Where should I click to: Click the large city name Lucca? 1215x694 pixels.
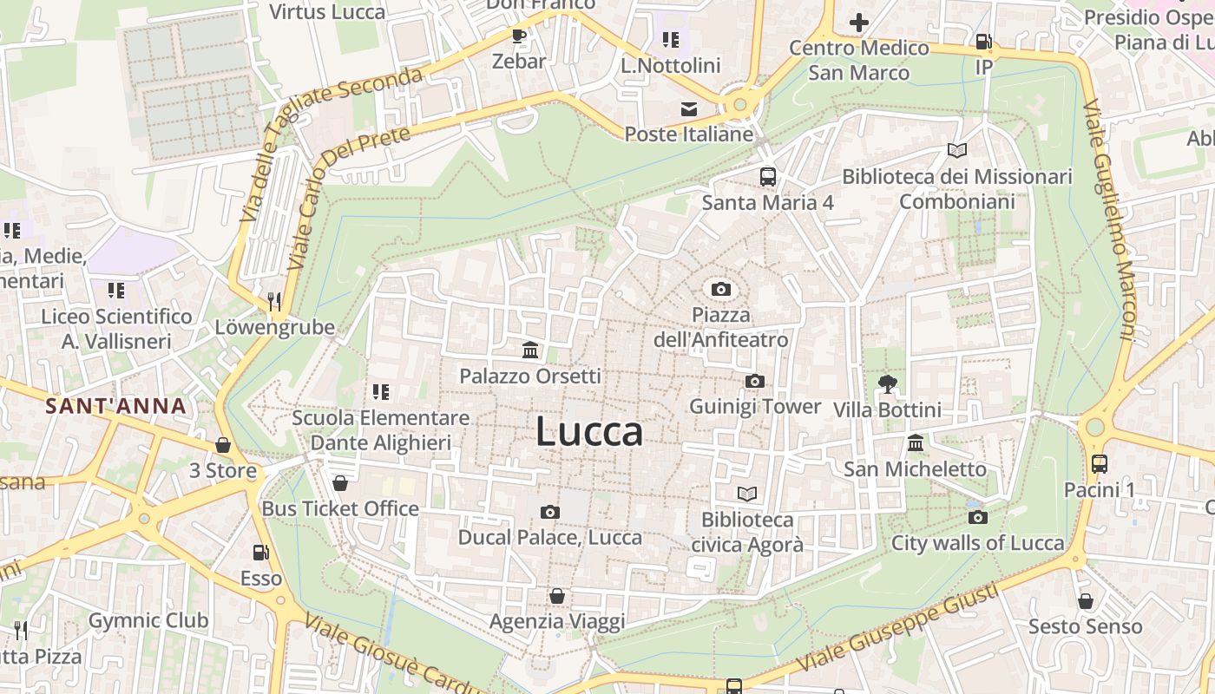point(589,431)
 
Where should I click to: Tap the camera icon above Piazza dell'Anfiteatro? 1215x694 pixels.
point(720,289)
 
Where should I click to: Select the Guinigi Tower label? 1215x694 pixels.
point(754,406)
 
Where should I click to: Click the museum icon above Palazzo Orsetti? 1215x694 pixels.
point(530,350)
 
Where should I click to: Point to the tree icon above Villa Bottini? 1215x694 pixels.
point(887,383)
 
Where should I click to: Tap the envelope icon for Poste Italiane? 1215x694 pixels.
point(689,108)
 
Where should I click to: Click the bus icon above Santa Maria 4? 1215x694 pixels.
point(768,177)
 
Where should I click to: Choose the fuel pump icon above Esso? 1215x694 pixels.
point(260,552)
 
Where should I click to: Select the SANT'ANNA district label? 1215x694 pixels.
point(115,405)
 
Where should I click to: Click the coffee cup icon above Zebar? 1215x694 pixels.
point(519,36)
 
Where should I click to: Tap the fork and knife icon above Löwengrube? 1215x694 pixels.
point(274,301)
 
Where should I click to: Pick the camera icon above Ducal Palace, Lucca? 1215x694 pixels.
point(549,512)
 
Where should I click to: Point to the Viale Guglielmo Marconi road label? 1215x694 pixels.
point(1109,221)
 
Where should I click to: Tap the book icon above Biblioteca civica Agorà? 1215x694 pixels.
point(747,494)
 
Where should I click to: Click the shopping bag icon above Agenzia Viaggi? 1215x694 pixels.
point(557,596)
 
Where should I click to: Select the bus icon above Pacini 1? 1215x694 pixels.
point(1099,463)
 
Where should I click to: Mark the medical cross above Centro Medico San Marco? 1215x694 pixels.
point(858,23)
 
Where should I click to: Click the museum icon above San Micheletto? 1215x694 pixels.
point(915,443)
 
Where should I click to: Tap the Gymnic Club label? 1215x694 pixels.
point(148,620)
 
